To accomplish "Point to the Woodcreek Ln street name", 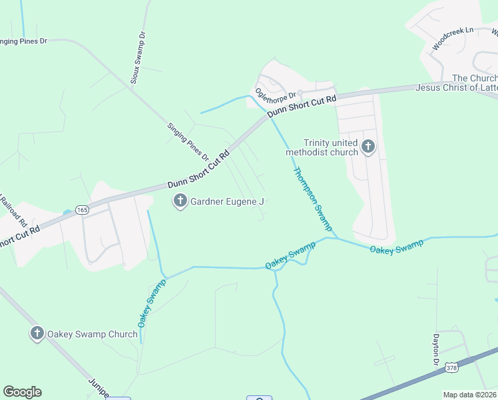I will (x=452, y=39).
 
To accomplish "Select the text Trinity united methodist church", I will (x=322, y=147).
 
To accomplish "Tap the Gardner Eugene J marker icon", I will (x=180, y=200).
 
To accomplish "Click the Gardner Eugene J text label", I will (x=228, y=201).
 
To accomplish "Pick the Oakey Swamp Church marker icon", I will (x=37, y=333).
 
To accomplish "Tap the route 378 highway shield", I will (x=451, y=367).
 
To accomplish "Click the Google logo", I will (x=22, y=392).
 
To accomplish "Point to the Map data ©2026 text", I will (x=469, y=395).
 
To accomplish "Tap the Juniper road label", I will (x=98, y=388).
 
